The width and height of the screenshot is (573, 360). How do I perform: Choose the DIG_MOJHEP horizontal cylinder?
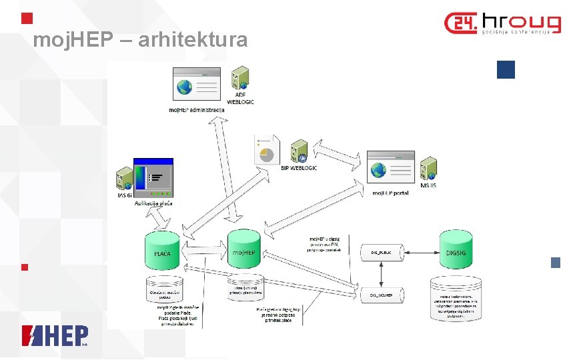point(381,295)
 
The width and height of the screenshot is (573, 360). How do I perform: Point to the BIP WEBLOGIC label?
point(298,168)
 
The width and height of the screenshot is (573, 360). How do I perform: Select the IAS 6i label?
point(124,195)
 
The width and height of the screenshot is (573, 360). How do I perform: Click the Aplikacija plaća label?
point(153,203)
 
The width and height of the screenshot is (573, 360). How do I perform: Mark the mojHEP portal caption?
point(391,193)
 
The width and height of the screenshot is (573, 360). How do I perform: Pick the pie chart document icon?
point(267,150)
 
